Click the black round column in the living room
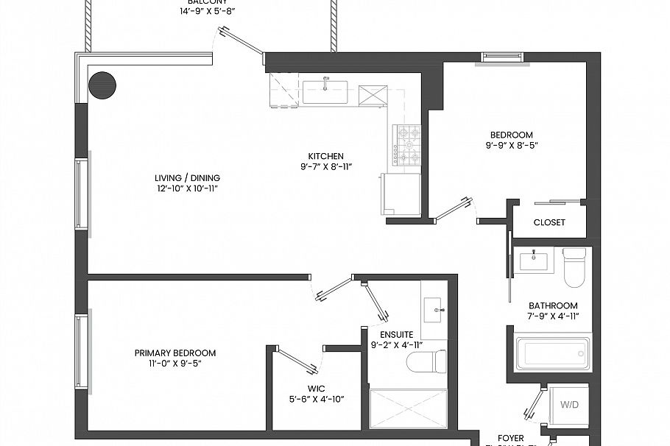tap(102, 85)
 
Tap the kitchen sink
tap(325, 92)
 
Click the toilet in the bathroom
tap(573, 269)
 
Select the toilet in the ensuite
tap(428, 361)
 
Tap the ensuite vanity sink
tap(434, 310)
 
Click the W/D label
tap(569, 404)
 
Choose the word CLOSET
tap(549, 222)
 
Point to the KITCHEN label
tap(325, 156)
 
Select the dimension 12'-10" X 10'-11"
tap(187, 189)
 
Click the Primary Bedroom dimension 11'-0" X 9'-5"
tap(174, 364)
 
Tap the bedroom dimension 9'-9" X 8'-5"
tap(511, 146)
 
